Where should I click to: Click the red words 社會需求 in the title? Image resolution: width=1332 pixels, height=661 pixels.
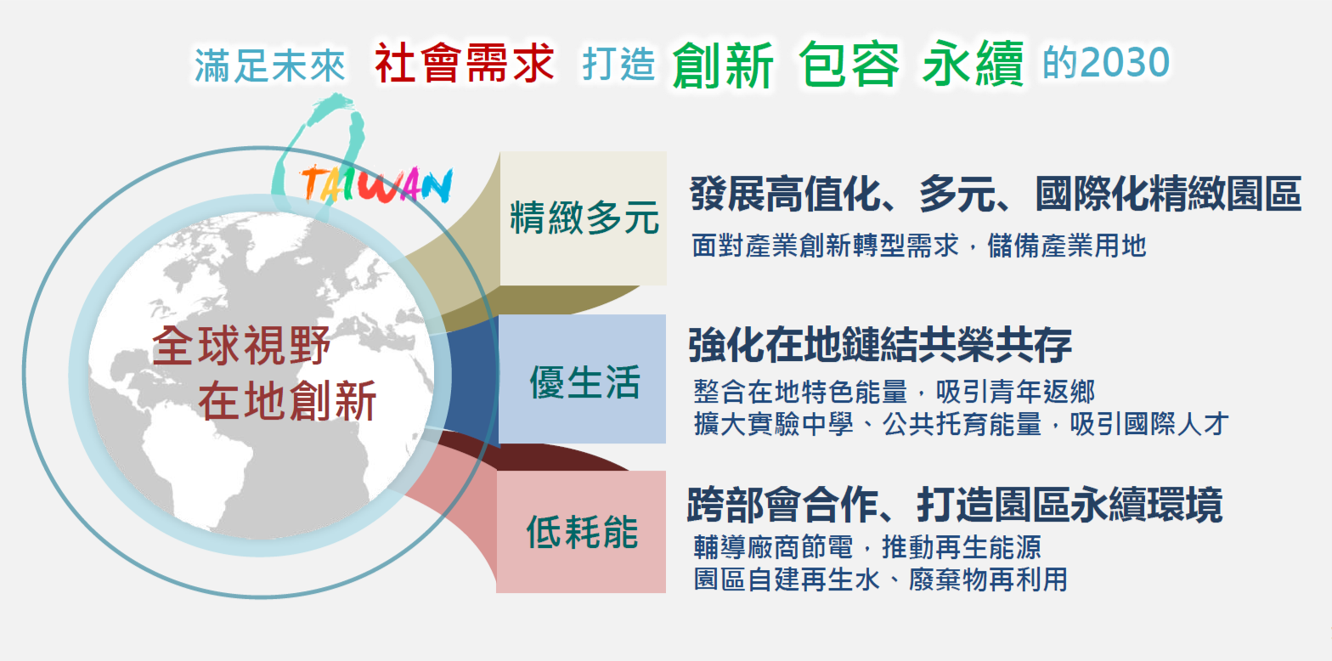465,63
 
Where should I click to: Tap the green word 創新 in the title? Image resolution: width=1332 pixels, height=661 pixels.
723,65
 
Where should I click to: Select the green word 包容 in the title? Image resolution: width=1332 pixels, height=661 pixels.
849,65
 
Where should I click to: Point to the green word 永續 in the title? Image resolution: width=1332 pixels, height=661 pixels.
973,65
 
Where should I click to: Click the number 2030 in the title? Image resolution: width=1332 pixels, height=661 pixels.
1125,63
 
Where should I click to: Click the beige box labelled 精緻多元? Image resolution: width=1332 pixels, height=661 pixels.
584,218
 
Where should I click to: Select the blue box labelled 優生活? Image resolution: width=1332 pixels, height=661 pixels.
582,379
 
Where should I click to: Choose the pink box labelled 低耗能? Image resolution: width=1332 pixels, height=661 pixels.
581,532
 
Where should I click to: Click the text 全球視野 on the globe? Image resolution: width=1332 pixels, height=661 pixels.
241,346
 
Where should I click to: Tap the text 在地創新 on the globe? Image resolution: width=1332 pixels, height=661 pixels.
287,401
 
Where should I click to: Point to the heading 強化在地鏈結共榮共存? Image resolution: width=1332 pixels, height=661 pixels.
880,345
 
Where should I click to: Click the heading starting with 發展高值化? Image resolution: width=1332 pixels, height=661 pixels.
996,194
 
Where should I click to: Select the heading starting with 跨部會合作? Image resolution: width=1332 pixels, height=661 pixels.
955,505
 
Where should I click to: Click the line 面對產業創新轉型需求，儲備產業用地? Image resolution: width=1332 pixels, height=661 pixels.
919,246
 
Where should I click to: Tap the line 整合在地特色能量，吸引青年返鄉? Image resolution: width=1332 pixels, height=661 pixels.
895,392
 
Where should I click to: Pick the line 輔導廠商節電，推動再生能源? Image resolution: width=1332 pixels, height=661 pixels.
867,547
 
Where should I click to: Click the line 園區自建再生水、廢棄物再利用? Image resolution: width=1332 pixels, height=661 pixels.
881,579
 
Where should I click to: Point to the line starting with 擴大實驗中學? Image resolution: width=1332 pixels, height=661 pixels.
961,424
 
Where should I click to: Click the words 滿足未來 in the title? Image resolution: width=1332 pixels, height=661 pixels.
270,65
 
